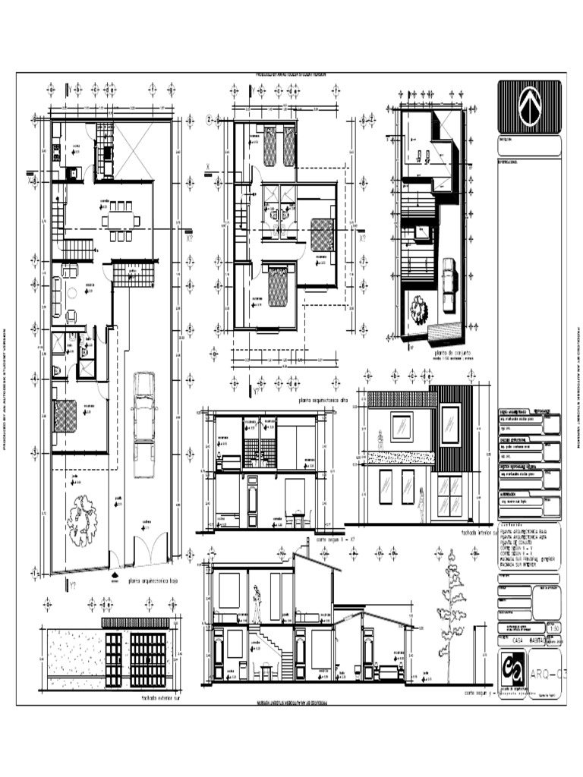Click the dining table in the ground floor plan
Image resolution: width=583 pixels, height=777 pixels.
tap(121, 221)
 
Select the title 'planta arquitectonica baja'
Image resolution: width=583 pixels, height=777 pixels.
tap(153, 582)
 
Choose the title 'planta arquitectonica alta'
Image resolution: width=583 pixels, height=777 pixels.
tap(323, 400)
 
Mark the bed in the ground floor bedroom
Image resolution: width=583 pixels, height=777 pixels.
tap(65, 415)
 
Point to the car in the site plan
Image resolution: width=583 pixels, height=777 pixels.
tap(448, 285)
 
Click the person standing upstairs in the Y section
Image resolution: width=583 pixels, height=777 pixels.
tap(258, 604)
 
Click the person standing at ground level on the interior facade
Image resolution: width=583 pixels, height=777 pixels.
tap(421, 504)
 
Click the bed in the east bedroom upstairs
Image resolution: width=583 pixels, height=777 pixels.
tap(322, 234)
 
